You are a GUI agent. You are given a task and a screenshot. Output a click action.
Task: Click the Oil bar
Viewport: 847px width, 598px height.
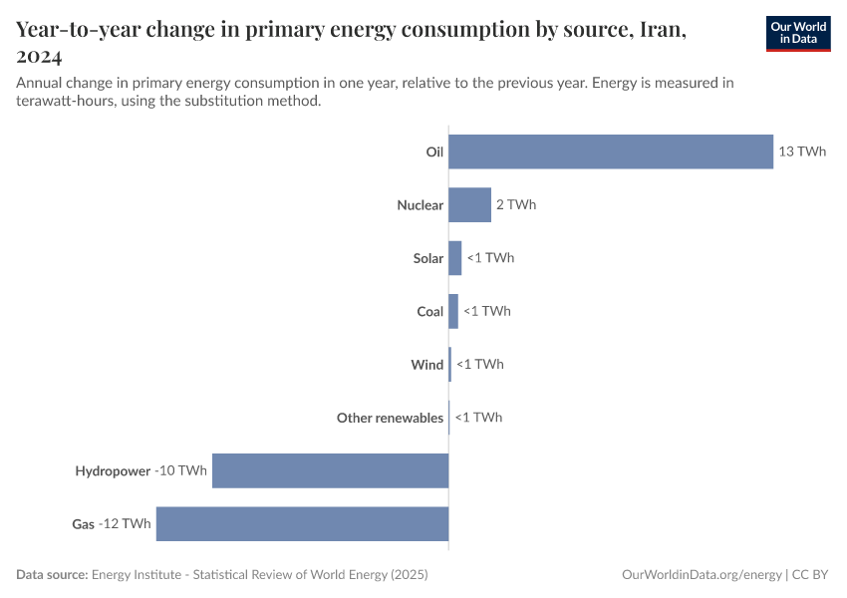[x=611, y=151]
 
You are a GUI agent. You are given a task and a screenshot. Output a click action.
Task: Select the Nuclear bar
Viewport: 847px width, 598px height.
[x=469, y=204]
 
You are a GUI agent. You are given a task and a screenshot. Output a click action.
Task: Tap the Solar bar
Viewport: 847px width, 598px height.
[x=455, y=258]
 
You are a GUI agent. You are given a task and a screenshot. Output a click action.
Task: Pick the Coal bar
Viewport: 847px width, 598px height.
[x=453, y=311]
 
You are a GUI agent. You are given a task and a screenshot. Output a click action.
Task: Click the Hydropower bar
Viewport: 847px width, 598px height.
[x=330, y=470]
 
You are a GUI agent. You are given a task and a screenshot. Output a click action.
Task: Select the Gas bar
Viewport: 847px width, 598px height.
[x=302, y=523]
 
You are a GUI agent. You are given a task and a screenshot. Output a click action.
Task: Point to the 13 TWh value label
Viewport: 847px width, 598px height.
[x=803, y=151]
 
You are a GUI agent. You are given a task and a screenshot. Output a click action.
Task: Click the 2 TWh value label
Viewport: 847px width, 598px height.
[x=516, y=204]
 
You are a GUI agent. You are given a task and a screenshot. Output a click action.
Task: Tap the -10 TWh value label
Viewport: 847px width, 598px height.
[x=181, y=470]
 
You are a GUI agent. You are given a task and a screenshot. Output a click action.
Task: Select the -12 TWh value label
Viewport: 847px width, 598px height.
[x=126, y=523]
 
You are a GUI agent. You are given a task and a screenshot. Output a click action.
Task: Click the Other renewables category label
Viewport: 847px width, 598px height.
[x=390, y=418]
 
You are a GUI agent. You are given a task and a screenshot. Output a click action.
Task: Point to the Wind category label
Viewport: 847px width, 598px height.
[x=426, y=365]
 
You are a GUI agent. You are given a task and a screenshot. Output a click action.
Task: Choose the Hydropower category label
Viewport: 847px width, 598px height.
[x=113, y=470]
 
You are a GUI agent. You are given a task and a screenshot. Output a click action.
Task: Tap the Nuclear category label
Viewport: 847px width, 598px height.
[x=420, y=205]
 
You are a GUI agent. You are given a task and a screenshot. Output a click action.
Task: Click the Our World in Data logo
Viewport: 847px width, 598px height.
[x=798, y=33]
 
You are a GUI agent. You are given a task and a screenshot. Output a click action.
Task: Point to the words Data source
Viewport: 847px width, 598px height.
[x=52, y=575]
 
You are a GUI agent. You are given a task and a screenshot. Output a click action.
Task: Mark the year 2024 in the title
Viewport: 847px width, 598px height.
[x=40, y=57]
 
